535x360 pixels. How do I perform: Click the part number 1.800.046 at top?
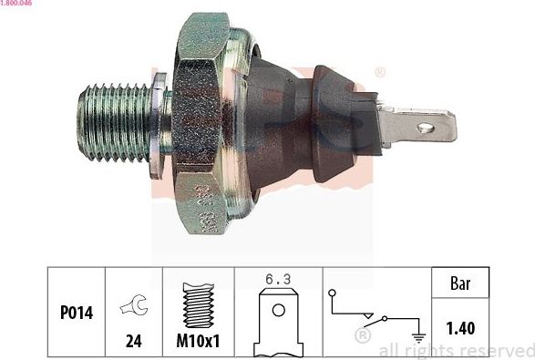point(21,5)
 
